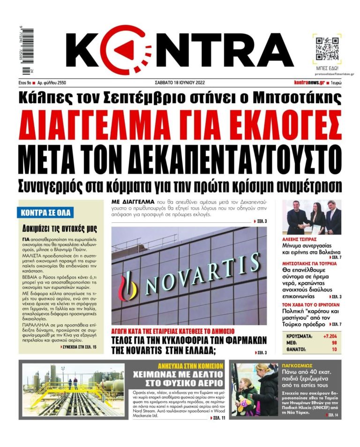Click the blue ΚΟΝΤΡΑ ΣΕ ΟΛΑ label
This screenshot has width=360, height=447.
(46, 212)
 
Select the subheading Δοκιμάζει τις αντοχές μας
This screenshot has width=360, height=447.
(60, 229)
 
